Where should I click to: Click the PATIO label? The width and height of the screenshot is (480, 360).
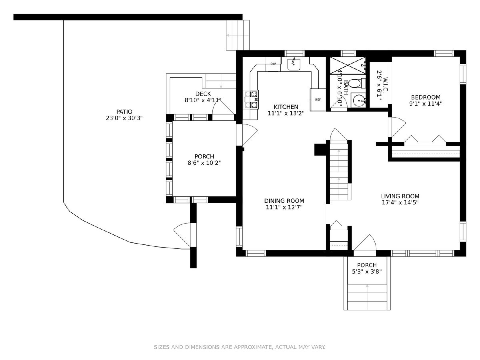coord(124,112)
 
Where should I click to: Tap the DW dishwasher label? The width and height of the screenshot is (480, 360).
coord(273,64)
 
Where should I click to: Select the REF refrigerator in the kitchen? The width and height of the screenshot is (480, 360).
coord(318,100)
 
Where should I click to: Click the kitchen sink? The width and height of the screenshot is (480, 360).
coord(294,64)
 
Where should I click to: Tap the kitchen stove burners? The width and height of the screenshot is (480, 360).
coord(251,100)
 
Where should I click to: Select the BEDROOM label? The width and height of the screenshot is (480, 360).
coord(426,97)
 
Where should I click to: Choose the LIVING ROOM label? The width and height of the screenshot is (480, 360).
coord(400,196)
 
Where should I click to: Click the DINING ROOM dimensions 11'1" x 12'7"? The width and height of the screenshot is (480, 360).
coord(284,207)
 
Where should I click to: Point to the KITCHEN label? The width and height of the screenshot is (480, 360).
coord(286,107)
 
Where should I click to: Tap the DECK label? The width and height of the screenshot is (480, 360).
coord(203,94)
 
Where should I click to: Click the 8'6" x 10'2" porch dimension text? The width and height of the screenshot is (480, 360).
coord(204,163)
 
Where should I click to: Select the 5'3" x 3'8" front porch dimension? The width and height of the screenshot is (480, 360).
coord(367,272)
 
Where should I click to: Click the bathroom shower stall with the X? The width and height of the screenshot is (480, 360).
coord(348,65)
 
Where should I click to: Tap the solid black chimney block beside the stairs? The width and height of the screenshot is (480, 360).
coord(320,150)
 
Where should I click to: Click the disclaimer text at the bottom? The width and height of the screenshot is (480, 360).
coord(240,347)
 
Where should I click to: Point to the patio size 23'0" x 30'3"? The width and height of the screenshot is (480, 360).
coord(124,118)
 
